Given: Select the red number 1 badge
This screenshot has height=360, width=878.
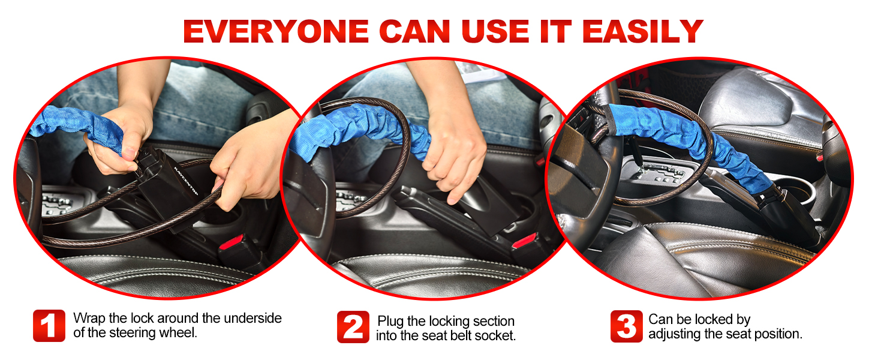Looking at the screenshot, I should click(49, 326).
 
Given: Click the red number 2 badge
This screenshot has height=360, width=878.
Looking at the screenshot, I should click(353, 326).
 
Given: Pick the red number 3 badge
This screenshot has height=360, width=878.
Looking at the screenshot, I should click(626, 326).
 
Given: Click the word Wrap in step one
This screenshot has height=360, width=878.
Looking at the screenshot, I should click(87, 318).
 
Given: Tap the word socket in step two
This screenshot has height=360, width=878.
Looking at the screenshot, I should click(496, 335).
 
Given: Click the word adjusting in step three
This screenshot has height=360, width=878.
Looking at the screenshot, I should click(675, 334).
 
